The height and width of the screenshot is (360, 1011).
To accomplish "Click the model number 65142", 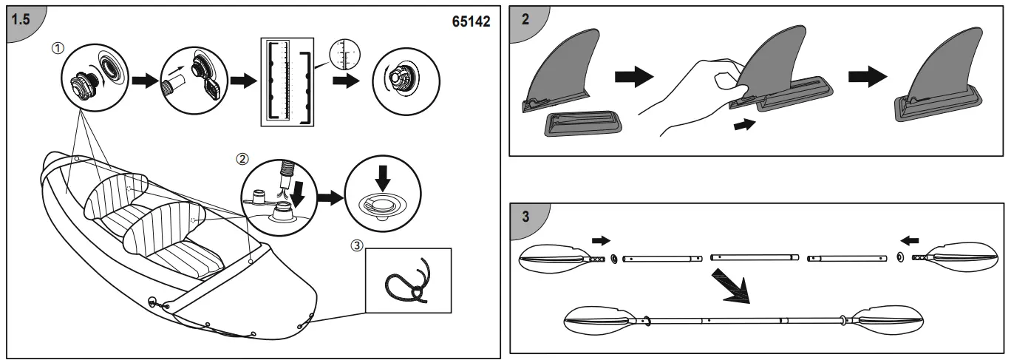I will [x=471, y=21].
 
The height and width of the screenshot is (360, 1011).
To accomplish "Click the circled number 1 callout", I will [x=57, y=47].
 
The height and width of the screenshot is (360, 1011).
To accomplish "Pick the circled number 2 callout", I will [x=241, y=158].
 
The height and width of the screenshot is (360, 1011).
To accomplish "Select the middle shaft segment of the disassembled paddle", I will [x=753, y=258].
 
